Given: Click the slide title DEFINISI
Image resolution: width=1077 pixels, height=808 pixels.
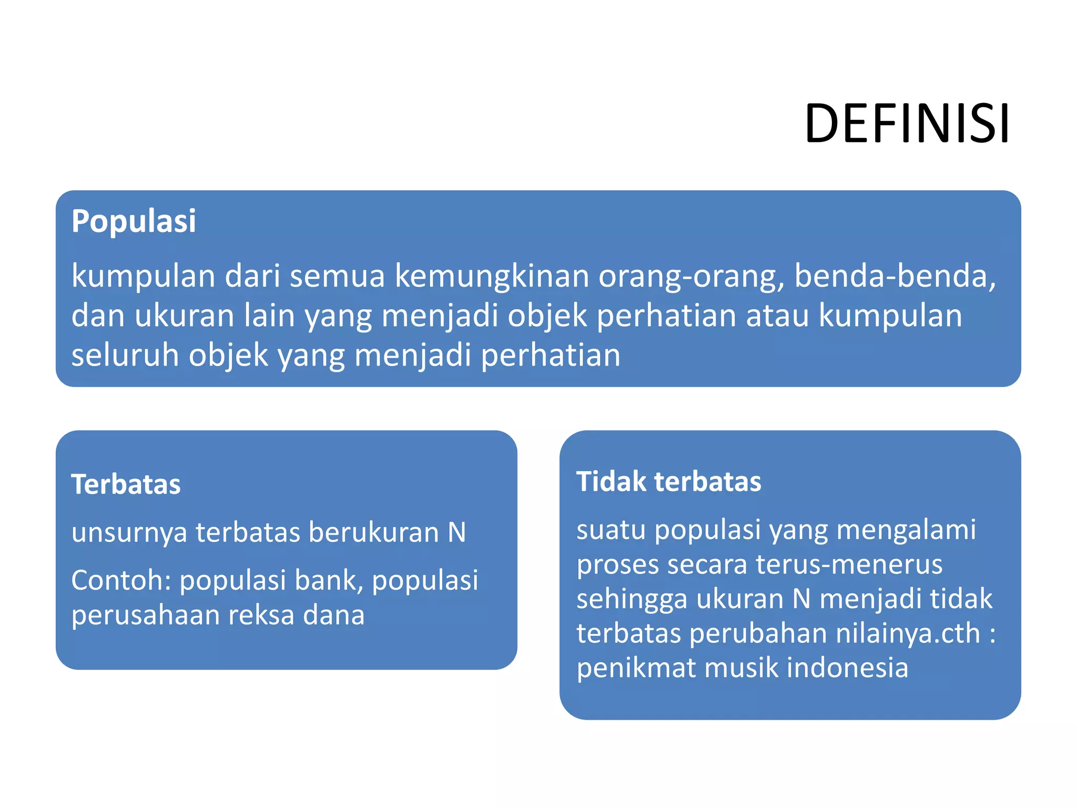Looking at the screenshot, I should coord(907,124).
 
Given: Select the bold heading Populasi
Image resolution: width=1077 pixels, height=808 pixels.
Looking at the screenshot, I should coord(134,221).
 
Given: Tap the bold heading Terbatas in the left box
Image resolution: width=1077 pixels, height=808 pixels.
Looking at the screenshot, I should coord(126,484).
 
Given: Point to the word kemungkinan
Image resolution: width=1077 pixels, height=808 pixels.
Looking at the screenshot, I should coord(492,276).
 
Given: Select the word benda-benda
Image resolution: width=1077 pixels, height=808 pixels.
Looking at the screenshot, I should coord(895,276).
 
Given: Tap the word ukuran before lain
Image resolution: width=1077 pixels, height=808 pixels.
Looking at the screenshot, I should coord(184,316).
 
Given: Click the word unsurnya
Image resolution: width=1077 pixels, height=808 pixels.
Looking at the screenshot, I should coord(129,532).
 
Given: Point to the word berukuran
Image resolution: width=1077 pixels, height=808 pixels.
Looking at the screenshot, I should coord(373,532).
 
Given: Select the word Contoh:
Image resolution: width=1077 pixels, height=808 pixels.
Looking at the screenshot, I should coord(121,580).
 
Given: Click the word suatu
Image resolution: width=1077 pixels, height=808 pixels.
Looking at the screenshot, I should coord(610,529).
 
